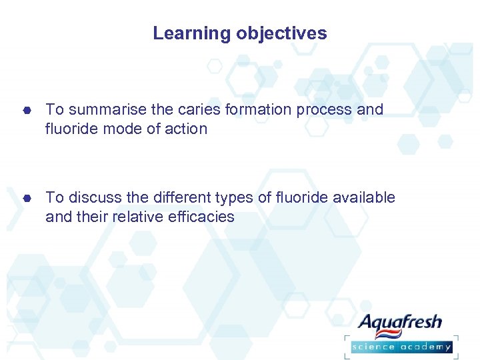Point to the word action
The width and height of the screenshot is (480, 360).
186,129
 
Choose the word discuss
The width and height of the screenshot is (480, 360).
94,197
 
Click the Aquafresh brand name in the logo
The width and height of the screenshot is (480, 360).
400,323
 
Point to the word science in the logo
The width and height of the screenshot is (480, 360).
373,346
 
